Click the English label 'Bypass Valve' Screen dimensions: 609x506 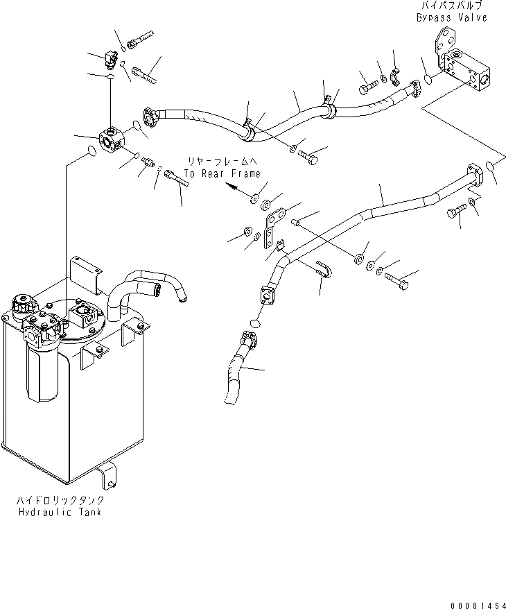(x=451, y=17)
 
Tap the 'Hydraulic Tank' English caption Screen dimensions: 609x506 (x=60, y=511)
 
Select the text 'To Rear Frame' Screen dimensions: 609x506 (x=223, y=174)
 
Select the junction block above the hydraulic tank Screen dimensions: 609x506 (x=111, y=139)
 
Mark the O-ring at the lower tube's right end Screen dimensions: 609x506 (x=489, y=166)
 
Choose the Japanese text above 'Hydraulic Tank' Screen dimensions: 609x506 (x=60, y=500)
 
